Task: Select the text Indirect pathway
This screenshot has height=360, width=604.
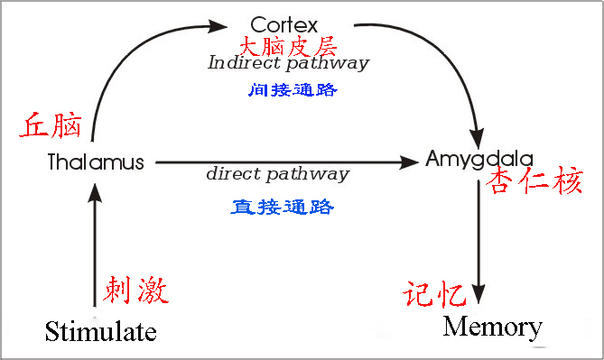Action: pyautogui.click(x=288, y=64)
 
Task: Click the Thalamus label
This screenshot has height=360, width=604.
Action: pyautogui.click(x=96, y=163)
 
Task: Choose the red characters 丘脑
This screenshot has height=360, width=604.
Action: pyautogui.click(x=51, y=125)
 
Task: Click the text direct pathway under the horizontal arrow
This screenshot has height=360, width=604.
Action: pyautogui.click(x=277, y=174)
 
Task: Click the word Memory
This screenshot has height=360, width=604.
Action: pyautogui.click(x=493, y=326)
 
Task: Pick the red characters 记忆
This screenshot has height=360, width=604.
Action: pyautogui.click(x=435, y=295)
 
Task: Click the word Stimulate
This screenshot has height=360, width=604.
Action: pyautogui.click(x=101, y=330)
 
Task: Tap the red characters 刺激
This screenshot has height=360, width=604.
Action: pyautogui.click(x=136, y=291)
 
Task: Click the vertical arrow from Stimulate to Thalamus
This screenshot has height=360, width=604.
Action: pyautogui.click(x=96, y=244)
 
